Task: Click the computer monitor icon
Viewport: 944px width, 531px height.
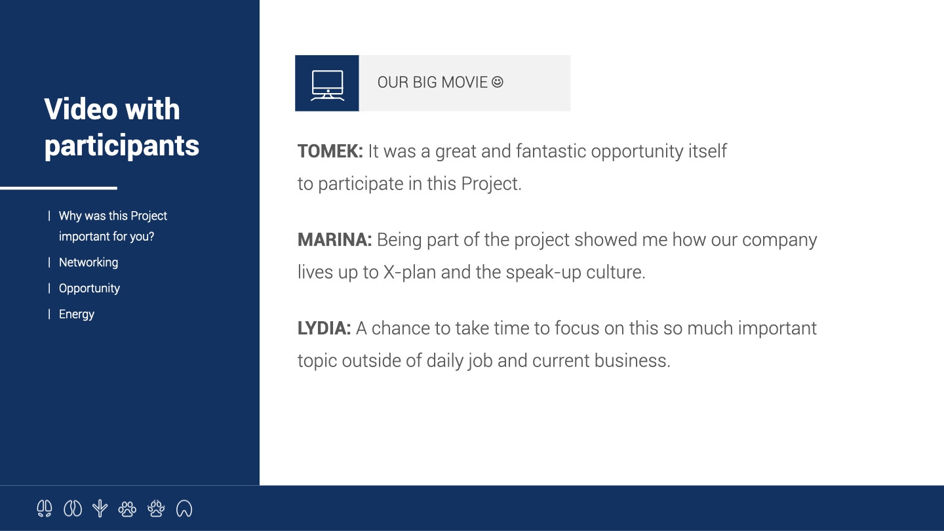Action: click(328, 85)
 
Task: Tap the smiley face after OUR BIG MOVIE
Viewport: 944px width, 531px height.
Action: click(498, 82)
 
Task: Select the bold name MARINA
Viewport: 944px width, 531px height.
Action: click(334, 239)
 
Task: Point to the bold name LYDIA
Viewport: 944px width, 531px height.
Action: click(324, 328)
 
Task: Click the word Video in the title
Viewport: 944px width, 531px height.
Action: click(81, 109)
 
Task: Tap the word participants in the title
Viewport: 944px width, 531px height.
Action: click(122, 146)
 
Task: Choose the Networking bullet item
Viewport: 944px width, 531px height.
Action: click(88, 262)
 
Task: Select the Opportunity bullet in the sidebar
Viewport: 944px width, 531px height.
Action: click(89, 288)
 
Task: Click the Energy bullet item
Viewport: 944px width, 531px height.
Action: click(77, 314)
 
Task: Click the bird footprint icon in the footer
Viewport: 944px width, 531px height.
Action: click(100, 508)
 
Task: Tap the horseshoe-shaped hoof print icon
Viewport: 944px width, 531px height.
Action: click(184, 508)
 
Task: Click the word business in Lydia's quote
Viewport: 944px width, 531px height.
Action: click(632, 361)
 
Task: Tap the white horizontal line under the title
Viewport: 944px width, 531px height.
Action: click(58, 188)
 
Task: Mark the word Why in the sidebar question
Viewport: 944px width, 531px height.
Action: click(70, 216)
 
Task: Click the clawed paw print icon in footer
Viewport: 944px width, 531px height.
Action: click(156, 508)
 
